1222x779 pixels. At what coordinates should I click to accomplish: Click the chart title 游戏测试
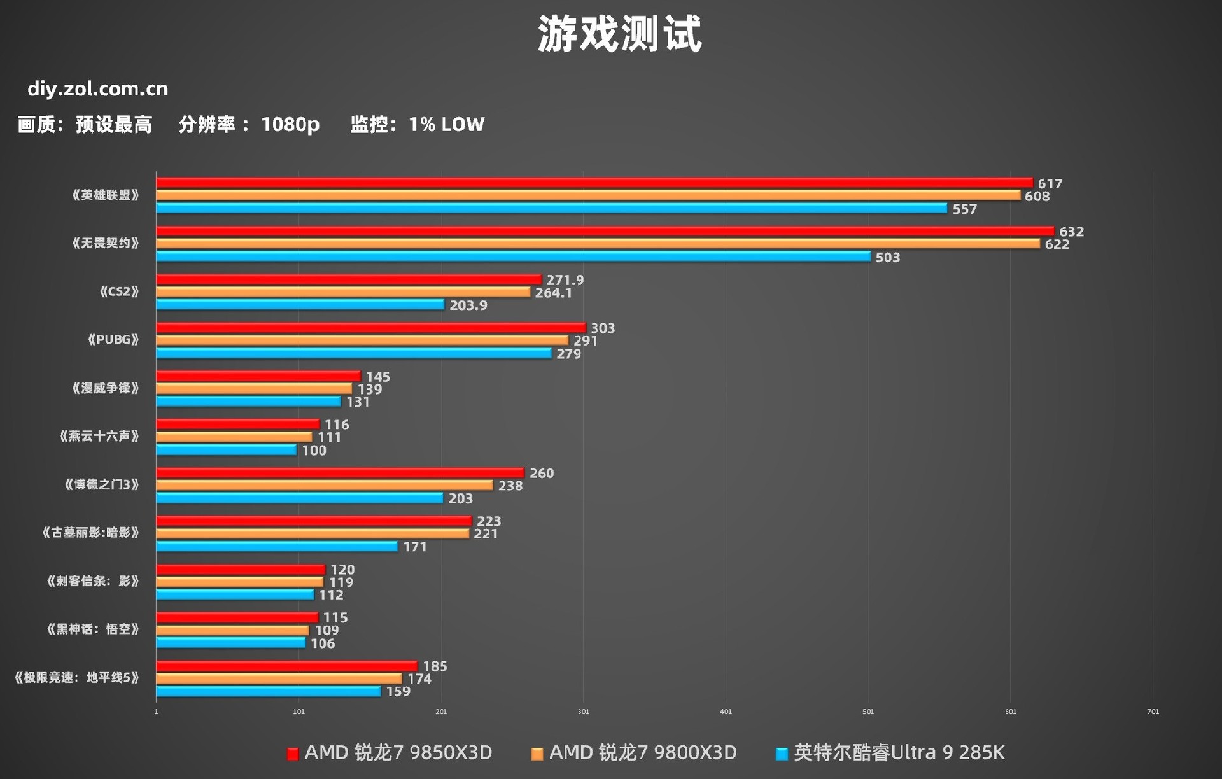coord(619,34)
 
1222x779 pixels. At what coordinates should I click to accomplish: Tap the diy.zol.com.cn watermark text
coord(97,89)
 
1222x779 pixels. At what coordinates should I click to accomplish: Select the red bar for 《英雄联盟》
coord(594,183)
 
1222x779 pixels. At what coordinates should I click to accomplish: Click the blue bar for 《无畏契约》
coord(513,256)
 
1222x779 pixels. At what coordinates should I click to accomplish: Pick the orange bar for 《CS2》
coord(343,292)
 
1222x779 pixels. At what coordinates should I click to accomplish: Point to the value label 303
coord(602,328)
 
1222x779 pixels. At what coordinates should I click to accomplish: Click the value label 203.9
coord(468,305)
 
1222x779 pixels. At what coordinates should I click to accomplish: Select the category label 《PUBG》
coord(113,340)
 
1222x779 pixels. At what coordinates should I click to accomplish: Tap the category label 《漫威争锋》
coord(105,388)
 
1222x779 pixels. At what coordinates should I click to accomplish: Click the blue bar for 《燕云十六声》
coord(226,450)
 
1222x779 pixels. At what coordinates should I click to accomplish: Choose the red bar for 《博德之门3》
coord(340,473)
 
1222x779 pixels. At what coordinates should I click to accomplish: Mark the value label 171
coord(414,547)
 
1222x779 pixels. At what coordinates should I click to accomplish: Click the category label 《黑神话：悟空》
coord(92,629)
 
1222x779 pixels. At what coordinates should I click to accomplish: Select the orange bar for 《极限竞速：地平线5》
coord(279,679)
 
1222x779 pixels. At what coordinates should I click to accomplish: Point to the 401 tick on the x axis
coord(726,712)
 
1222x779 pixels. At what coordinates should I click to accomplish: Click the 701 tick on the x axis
coord(1153,712)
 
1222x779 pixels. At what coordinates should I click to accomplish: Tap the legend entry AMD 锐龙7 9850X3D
coord(390,753)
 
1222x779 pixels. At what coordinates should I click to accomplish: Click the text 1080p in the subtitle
coord(290,124)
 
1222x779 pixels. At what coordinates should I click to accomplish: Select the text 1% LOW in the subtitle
coord(446,124)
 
